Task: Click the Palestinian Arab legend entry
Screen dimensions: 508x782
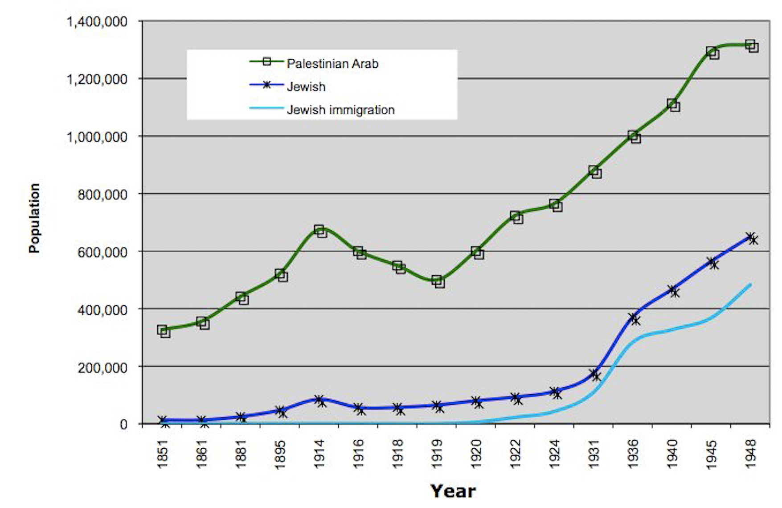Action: click(x=332, y=63)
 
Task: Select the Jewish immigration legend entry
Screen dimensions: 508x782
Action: click(x=340, y=110)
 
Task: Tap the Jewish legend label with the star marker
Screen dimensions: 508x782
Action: click(x=306, y=87)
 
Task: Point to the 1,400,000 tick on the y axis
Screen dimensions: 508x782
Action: click(x=97, y=21)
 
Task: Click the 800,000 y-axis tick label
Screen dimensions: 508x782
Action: click(x=102, y=194)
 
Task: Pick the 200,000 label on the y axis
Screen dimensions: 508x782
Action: click(x=102, y=368)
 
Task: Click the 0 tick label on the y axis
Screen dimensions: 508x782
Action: click(x=123, y=425)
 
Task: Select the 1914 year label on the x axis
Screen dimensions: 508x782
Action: click(x=319, y=454)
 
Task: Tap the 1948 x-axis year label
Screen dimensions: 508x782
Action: click(x=750, y=454)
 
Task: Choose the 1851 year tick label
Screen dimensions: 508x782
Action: click(x=163, y=454)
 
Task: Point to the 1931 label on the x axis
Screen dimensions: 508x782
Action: click(x=594, y=454)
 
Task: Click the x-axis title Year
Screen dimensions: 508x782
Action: click(x=453, y=491)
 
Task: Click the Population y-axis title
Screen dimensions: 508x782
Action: click(x=34, y=218)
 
